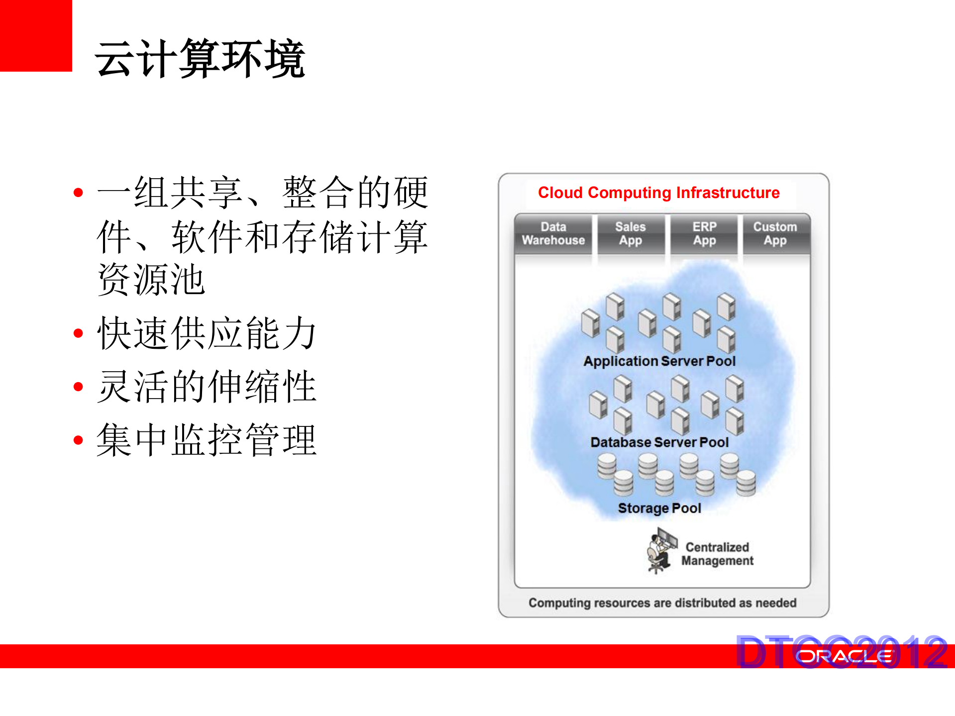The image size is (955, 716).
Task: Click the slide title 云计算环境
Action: (200, 59)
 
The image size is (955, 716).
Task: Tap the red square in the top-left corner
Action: (35, 35)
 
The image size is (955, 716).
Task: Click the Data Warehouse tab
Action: (553, 234)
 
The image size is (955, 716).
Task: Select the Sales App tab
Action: (630, 234)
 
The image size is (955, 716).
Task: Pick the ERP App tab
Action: (704, 234)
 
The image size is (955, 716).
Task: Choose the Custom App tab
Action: (775, 234)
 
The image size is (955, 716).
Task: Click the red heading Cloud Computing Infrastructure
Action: (658, 193)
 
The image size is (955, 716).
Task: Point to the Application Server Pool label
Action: (659, 361)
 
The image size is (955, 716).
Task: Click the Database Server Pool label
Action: (659, 442)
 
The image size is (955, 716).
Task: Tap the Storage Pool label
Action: (659, 508)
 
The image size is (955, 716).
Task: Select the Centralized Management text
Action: (717, 554)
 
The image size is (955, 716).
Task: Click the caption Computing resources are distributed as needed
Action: (662, 603)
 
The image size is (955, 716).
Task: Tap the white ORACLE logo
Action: (845, 657)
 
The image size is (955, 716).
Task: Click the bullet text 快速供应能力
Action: (207, 333)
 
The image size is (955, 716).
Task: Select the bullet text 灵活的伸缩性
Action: (207, 387)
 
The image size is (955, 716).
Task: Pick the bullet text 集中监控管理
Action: (207, 440)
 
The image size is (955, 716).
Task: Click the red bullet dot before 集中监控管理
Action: (78, 440)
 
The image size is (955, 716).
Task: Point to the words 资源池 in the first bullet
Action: (151, 280)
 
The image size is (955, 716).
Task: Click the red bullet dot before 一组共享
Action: (78, 193)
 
